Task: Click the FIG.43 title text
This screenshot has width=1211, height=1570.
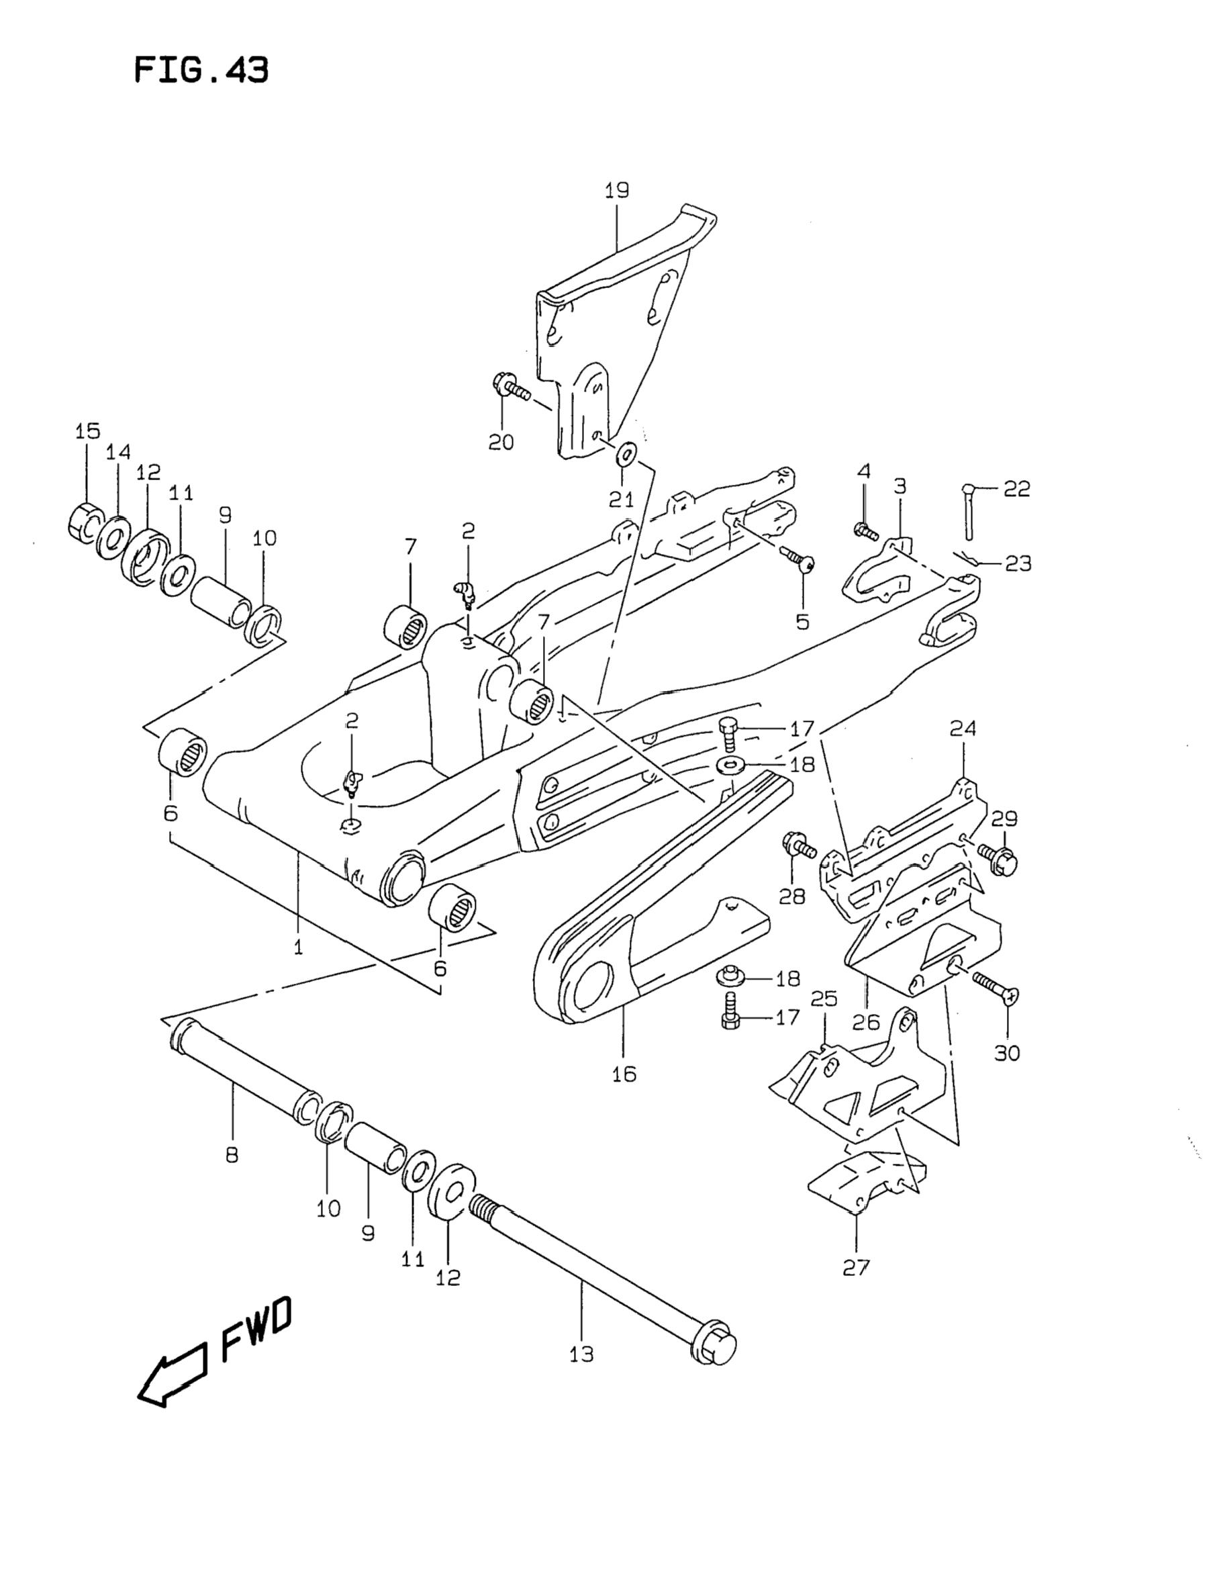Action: coord(201,71)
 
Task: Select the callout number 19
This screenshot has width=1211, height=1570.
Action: coord(617,191)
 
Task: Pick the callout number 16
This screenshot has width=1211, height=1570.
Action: coord(624,1093)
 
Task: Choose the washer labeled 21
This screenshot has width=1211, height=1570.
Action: coord(627,453)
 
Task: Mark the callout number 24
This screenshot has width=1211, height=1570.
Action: coord(963,729)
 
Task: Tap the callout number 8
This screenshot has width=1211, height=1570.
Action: coord(232,1155)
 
